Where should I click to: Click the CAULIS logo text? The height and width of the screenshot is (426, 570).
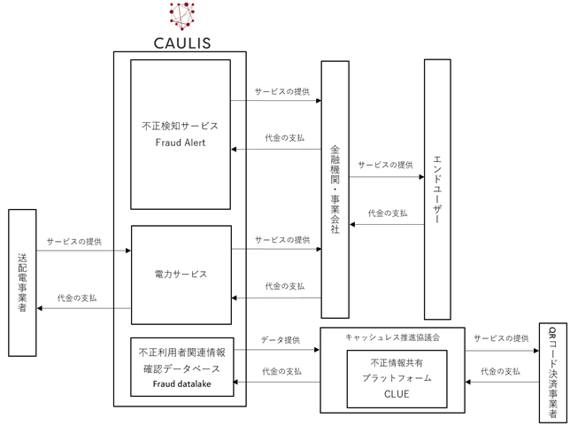[182, 43]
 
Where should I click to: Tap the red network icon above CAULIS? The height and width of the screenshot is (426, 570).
[181, 16]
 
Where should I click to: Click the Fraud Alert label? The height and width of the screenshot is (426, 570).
[181, 143]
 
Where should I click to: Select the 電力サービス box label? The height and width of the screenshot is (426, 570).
[181, 274]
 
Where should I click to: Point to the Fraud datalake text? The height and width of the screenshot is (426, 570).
[181, 383]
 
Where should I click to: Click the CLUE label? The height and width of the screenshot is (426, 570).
[397, 394]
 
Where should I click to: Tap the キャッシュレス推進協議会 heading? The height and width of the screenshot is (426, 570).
[393, 337]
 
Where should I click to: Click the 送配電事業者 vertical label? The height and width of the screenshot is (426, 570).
[22, 283]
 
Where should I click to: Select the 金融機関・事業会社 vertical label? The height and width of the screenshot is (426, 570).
[335, 190]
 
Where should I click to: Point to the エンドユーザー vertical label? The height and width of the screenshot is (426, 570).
[437, 190]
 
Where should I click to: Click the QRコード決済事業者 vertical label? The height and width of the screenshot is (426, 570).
[552, 372]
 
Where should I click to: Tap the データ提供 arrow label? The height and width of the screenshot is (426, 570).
[281, 340]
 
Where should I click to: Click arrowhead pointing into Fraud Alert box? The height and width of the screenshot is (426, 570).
[234, 149]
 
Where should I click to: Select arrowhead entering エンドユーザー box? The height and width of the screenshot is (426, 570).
[421, 177]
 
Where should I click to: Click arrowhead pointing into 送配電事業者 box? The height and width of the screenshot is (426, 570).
[40, 308]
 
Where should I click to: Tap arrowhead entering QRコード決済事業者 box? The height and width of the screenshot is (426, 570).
[536, 351]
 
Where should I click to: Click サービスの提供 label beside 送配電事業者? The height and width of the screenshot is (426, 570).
[74, 242]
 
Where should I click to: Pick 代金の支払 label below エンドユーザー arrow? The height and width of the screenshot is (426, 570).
[388, 213]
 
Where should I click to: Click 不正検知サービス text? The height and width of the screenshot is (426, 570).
[180, 126]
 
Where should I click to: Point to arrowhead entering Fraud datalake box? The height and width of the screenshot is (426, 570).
[235, 382]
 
